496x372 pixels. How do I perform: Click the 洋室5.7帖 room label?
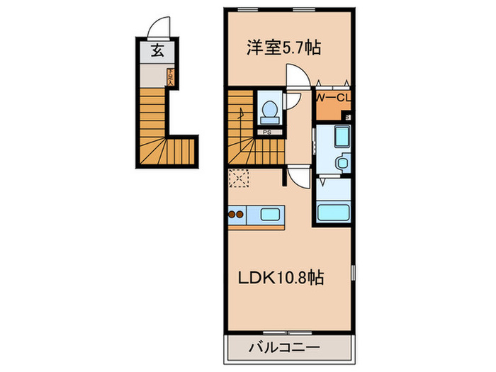[283, 48]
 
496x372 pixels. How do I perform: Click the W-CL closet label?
[332, 97]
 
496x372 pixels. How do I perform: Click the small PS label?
[267, 132]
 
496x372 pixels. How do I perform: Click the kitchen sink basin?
[271, 214]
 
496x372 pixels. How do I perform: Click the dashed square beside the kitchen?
[238, 179]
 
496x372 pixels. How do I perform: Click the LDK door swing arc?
[298, 177]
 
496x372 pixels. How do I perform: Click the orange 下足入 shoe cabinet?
[170, 76]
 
